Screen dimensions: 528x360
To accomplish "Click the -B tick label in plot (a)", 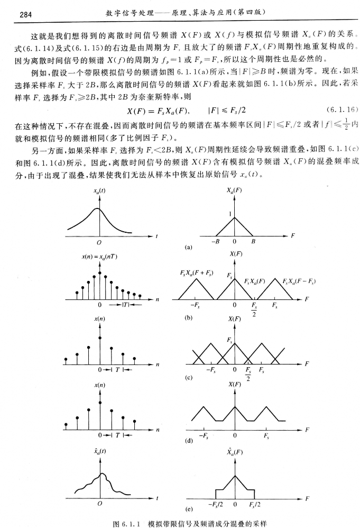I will coord(215,242).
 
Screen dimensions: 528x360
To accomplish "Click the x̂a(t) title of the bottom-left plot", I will coord(99,452).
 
